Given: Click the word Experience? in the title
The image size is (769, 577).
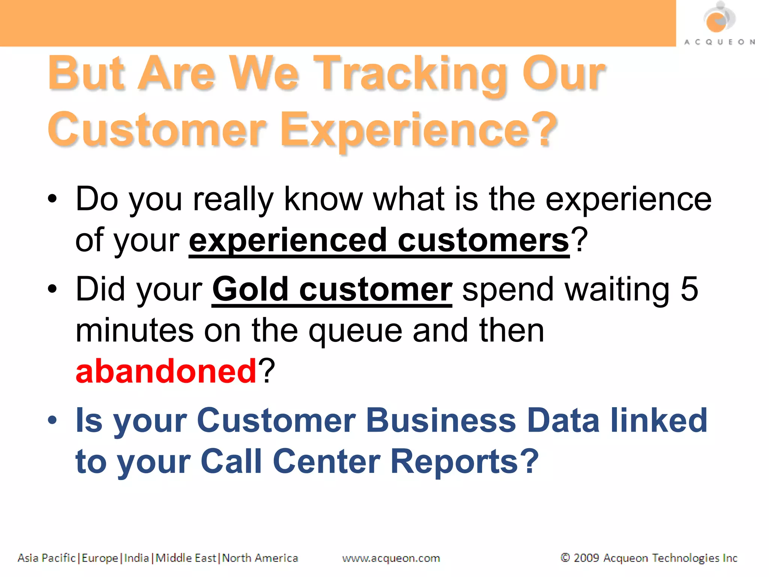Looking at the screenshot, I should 419,130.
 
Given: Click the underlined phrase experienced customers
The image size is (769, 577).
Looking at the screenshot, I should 379,240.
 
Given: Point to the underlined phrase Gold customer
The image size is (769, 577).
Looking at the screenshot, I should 332,290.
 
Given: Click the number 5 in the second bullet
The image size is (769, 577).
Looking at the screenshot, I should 689,289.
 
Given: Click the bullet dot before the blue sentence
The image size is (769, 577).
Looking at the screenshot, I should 53,420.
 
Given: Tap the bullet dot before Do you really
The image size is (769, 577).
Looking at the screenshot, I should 53,199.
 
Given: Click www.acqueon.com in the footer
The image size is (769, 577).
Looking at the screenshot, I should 391,558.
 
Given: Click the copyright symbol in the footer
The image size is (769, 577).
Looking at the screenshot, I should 565,557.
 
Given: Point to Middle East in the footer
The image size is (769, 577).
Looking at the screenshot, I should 186,558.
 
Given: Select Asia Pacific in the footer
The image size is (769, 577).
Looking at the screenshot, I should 46,558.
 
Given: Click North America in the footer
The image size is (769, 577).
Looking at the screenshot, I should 260,558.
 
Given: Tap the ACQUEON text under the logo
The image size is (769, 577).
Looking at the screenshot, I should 719,42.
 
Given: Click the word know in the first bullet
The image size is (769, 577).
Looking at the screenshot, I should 323,199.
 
